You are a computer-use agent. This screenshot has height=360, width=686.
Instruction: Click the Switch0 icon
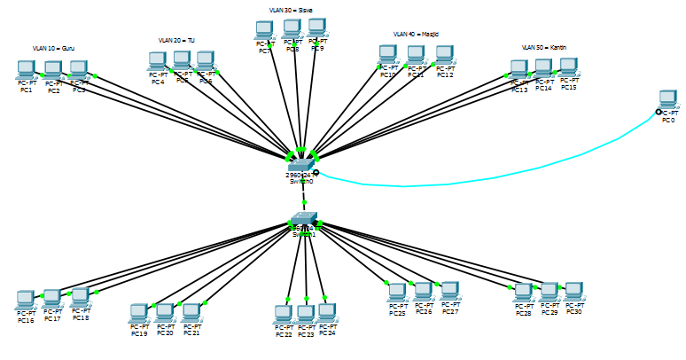[300, 164]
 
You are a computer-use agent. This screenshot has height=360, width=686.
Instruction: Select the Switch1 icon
[303, 219]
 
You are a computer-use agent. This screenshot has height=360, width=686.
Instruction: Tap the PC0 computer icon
[667, 99]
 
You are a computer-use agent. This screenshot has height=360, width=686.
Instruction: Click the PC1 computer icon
[26, 69]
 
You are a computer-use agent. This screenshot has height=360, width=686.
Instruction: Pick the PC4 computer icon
[157, 61]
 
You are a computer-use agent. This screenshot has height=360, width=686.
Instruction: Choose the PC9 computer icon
[316, 27]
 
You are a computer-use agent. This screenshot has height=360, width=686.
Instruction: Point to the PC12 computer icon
[444, 55]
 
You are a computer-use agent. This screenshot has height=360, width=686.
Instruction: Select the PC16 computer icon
[25, 300]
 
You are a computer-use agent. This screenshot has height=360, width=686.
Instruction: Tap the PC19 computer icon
[138, 313]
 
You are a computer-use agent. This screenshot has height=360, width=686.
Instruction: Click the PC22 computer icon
[283, 314]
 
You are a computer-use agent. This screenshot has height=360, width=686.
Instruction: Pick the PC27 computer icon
[449, 291]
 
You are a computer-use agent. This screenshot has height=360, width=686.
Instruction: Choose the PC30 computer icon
[573, 291]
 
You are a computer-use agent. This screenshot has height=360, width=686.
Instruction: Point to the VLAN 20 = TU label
[176, 40]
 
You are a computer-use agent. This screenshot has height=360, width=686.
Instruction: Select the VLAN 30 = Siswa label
[291, 10]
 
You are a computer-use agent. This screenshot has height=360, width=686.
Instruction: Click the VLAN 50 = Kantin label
[544, 47]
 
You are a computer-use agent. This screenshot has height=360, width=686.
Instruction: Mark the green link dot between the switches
[303, 202]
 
